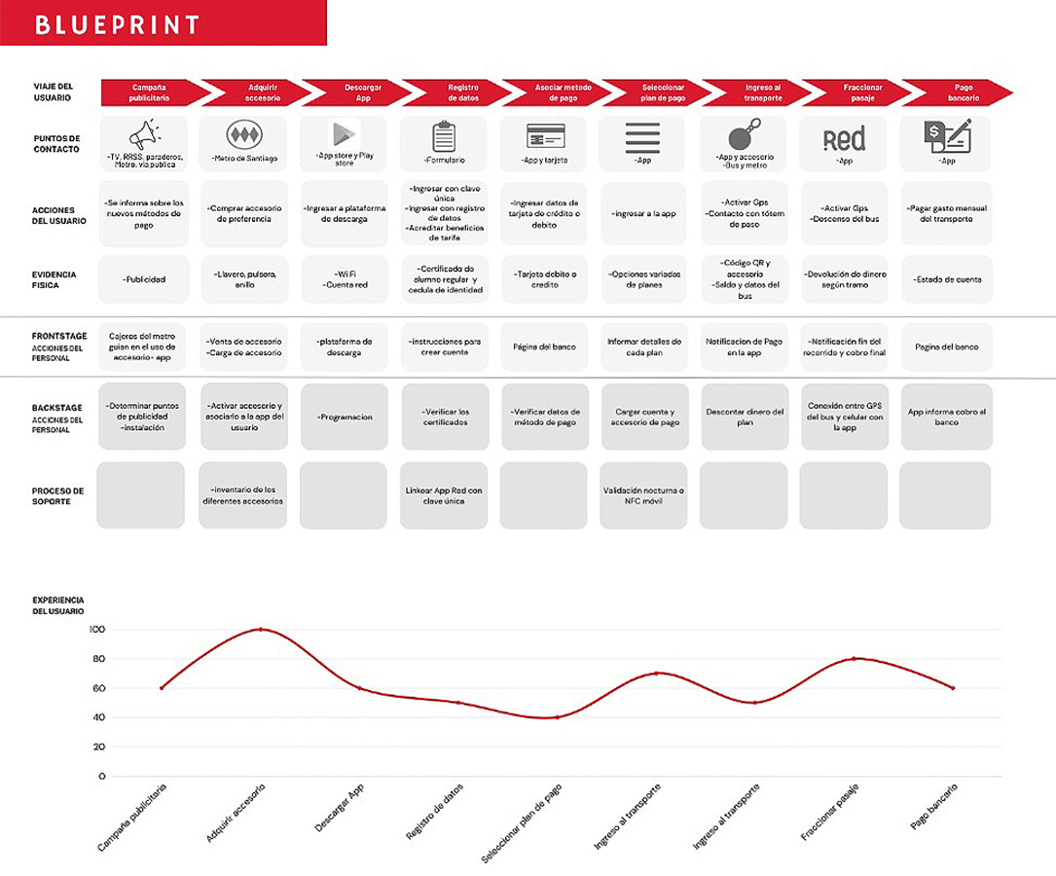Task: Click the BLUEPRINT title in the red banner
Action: [117, 24]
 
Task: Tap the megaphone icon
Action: [144, 134]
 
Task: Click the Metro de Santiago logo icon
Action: [244, 135]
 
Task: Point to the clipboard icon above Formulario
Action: [444, 136]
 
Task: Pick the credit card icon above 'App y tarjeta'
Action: [545, 136]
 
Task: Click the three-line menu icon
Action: [642, 137]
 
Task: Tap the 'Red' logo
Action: [844, 139]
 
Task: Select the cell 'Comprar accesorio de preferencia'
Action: [244, 213]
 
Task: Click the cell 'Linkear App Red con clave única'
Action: [444, 495]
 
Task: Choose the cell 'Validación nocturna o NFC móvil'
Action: [642, 495]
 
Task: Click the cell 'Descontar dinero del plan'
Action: [744, 417]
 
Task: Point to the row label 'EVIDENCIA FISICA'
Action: [54, 279]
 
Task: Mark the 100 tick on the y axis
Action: [95, 630]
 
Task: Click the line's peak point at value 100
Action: [261, 630]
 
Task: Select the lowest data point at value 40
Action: [558, 717]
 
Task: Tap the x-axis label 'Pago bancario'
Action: [932, 807]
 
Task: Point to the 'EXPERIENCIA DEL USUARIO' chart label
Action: [58, 605]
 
